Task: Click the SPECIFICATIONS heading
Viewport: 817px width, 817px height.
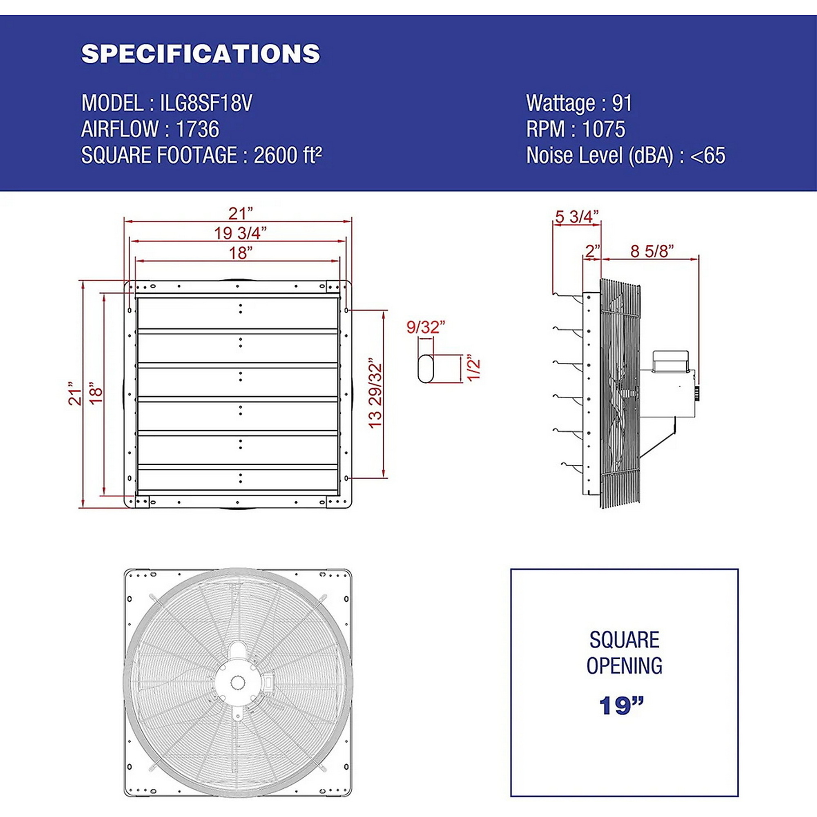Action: pyautogui.click(x=201, y=54)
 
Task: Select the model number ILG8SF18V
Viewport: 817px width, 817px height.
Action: pyautogui.click(x=206, y=103)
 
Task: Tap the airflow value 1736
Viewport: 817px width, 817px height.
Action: pyautogui.click(x=197, y=129)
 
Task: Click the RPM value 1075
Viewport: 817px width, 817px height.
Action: pyautogui.click(x=603, y=129)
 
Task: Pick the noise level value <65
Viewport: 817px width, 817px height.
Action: pyautogui.click(x=708, y=155)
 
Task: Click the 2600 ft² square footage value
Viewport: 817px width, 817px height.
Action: pyautogui.click(x=288, y=155)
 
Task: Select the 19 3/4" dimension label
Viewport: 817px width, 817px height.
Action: pyautogui.click(x=240, y=233)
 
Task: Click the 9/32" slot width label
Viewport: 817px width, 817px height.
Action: pyautogui.click(x=426, y=327)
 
